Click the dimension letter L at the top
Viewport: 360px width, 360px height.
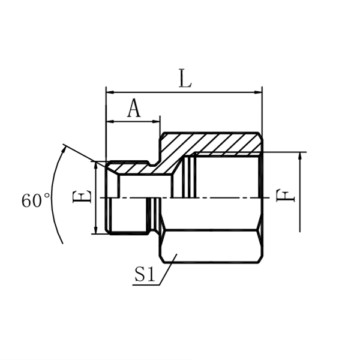pyautogui.click(x=185, y=79)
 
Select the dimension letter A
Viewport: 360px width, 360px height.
pyautogui.click(x=133, y=109)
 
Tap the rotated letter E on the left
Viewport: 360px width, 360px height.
pyautogui.click(x=83, y=197)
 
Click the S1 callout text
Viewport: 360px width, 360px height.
pyautogui.click(x=145, y=275)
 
